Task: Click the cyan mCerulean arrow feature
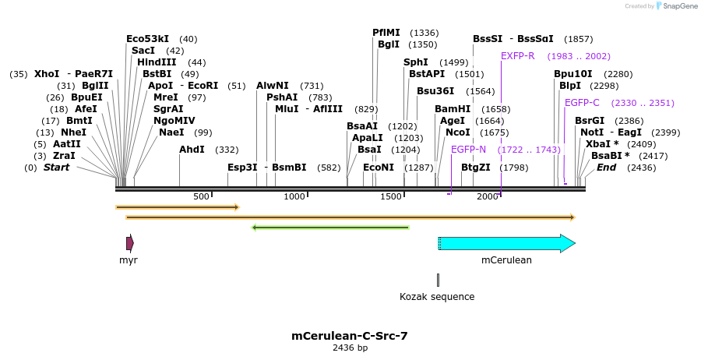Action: click(506, 243)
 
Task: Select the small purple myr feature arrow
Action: click(129, 243)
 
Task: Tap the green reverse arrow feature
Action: click(330, 228)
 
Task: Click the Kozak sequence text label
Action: click(436, 297)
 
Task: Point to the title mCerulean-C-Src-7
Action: click(350, 336)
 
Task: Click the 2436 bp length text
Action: click(350, 348)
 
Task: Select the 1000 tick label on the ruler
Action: click(294, 196)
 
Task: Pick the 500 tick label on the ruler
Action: click(201, 196)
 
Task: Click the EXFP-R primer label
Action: click(517, 56)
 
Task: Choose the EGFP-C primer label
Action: click(582, 103)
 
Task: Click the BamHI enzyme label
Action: click(453, 109)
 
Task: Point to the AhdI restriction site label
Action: click(192, 149)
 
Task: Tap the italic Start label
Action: click(56, 168)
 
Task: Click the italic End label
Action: click(606, 168)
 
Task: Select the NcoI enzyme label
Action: click(458, 132)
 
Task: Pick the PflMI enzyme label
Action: click(386, 33)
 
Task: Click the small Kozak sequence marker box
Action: click(438, 280)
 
